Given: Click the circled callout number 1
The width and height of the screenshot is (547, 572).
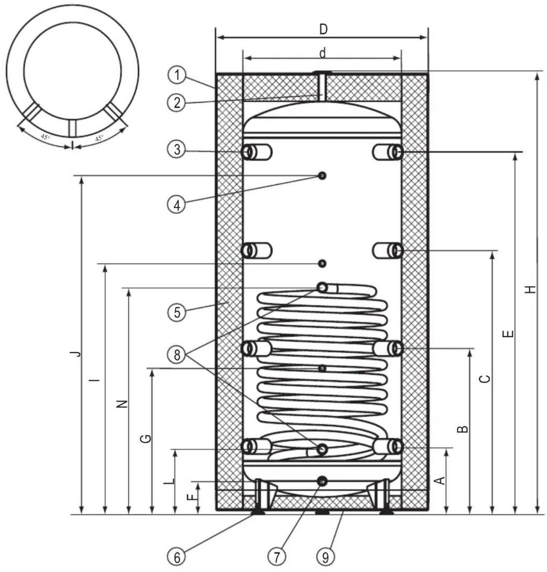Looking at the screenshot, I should [x=177, y=75].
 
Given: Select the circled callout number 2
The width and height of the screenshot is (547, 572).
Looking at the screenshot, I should [x=177, y=103].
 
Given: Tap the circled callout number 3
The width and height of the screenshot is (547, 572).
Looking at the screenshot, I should [x=177, y=150].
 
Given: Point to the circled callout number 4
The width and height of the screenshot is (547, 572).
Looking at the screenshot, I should [x=177, y=205].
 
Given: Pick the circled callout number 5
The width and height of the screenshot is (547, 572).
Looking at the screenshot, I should [x=177, y=312].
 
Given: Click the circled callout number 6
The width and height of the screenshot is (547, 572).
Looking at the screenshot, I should [x=177, y=557].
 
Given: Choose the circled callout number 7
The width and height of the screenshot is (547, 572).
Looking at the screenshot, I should [x=276, y=557].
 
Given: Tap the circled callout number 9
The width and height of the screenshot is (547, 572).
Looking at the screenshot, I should [x=325, y=557].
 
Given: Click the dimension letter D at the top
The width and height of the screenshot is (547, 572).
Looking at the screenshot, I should [x=323, y=29].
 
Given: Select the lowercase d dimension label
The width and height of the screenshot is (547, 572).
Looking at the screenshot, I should [x=323, y=53].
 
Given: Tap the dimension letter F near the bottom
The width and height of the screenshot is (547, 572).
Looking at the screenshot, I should [x=192, y=497].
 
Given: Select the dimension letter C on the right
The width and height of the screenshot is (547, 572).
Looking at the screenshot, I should [x=485, y=379].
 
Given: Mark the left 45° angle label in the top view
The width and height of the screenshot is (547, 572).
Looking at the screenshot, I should [x=45, y=137].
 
